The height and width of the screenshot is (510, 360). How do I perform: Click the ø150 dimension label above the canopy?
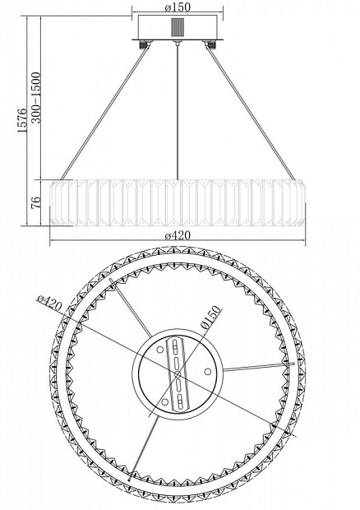[178, 7]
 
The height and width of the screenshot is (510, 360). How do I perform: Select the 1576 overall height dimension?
[22, 120]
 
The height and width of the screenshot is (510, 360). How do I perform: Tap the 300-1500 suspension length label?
[37, 98]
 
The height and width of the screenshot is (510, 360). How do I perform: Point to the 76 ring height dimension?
[37, 202]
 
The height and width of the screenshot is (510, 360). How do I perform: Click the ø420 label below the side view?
[178, 235]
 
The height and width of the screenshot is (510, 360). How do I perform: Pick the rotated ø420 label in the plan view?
[49, 303]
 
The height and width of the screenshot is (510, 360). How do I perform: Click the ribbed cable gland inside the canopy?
[178, 28]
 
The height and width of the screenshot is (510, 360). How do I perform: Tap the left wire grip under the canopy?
[143, 44]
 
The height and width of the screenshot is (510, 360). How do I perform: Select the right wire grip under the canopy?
[210, 44]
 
